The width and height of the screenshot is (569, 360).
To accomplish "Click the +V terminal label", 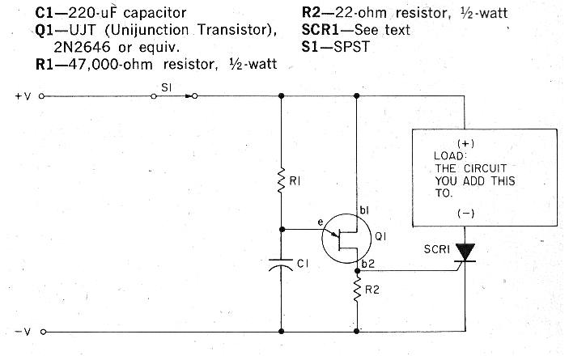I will click(x=23, y=95).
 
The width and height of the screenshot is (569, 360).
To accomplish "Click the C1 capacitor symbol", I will click(x=281, y=264).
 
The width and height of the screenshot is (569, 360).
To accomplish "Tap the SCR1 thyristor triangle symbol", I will click(x=465, y=252).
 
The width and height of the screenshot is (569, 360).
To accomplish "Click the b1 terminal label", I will click(x=364, y=210).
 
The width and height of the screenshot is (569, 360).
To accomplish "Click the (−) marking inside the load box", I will click(x=465, y=214).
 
